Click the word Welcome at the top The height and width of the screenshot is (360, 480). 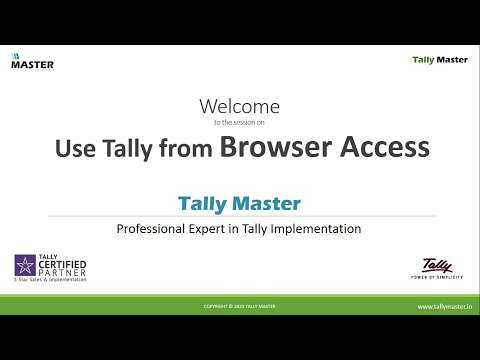(240, 106)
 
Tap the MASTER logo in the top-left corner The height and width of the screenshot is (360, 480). (32, 63)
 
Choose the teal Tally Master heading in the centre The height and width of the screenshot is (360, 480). (239, 203)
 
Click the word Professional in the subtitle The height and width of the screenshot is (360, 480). (157, 229)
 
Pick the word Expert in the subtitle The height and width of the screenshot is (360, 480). (220, 229)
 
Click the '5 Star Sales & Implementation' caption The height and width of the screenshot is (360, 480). (50, 281)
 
